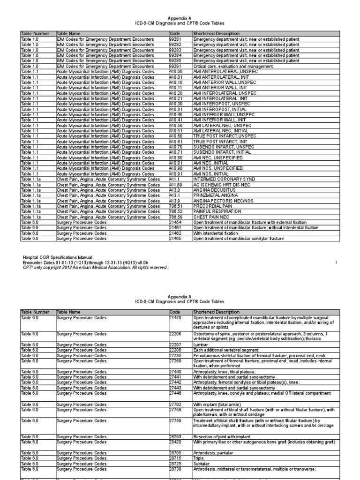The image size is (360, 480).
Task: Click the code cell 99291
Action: [176, 66]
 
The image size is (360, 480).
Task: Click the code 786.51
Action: [176, 205]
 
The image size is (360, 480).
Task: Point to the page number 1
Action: [336, 262]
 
